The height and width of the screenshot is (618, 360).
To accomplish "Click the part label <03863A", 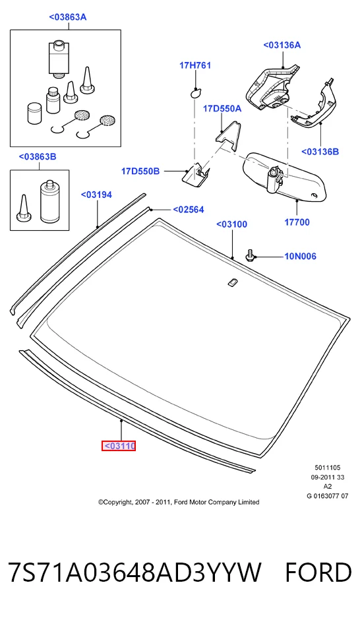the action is click(x=68, y=17).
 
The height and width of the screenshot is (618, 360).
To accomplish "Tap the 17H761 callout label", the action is click(x=195, y=65).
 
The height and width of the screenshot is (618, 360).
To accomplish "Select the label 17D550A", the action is click(x=222, y=108).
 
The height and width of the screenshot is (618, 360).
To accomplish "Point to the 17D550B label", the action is click(x=140, y=171).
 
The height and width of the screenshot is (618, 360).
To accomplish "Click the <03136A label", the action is click(x=282, y=45).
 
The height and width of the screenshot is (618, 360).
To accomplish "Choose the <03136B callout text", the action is click(x=320, y=152).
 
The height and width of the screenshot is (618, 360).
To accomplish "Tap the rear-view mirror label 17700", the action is click(x=297, y=222).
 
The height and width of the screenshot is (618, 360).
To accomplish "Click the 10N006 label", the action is click(x=300, y=256).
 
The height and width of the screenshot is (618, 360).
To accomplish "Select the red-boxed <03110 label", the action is click(x=119, y=446).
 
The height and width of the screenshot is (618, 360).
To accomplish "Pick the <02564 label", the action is click(x=189, y=210).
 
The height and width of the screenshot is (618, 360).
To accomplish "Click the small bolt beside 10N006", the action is click(x=250, y=255).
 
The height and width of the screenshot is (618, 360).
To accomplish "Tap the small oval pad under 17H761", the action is click(x=195, y=93).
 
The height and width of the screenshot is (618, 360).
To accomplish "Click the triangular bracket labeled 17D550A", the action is click(x=227, y=136).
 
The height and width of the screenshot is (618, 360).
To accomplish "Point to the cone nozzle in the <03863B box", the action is click(x=24, y=208).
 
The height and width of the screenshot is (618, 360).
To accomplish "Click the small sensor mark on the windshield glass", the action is click(x=232, y=282).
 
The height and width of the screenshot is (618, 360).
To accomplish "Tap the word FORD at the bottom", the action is click(x=318, y=572).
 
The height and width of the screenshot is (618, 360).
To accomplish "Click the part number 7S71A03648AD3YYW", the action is click(x=135, y=572).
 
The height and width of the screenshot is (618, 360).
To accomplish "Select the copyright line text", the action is click(x=179, y=502).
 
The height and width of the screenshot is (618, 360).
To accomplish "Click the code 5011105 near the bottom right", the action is click(x=327, y=468).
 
